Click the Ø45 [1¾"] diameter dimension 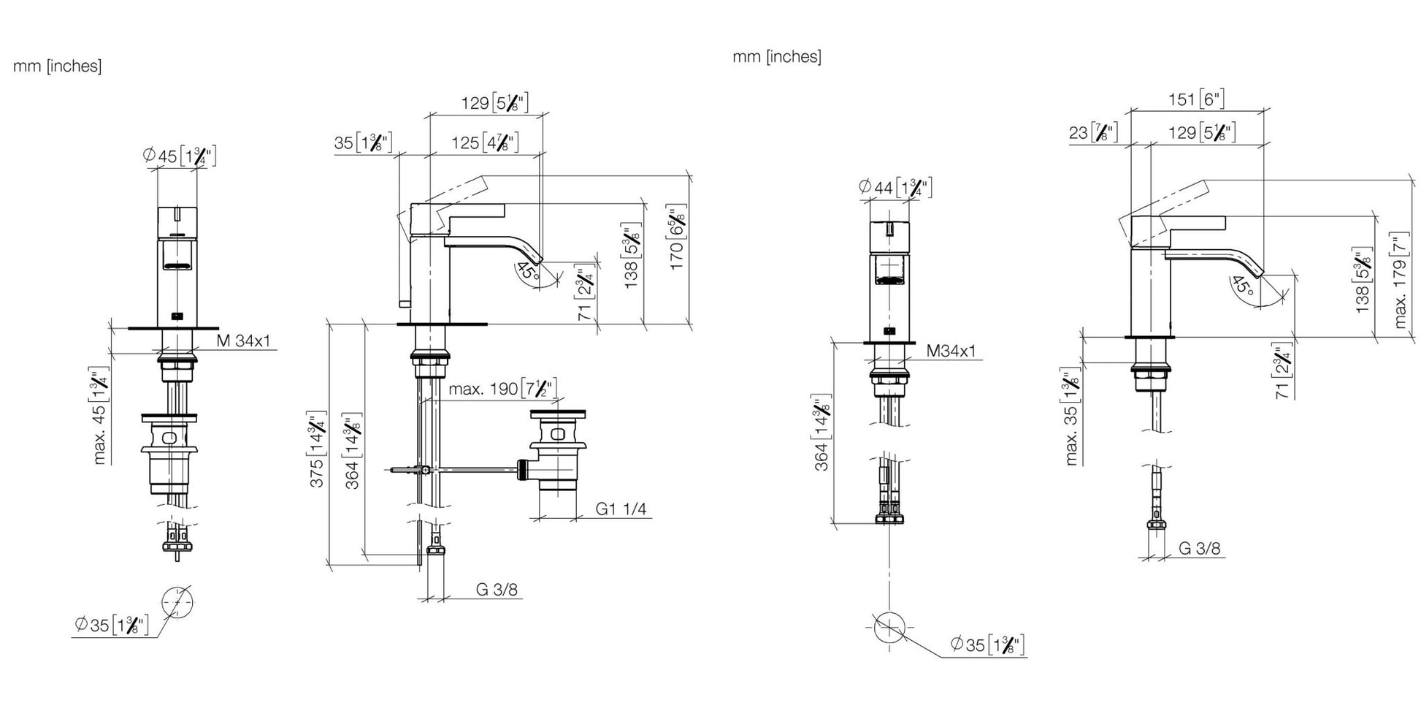179,156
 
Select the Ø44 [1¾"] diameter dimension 895,188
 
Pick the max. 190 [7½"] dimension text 502,388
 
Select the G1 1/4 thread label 621,509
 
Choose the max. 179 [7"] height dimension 1400,281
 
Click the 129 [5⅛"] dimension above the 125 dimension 494,103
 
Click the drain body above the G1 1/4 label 557,452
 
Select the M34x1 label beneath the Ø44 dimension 951,351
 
